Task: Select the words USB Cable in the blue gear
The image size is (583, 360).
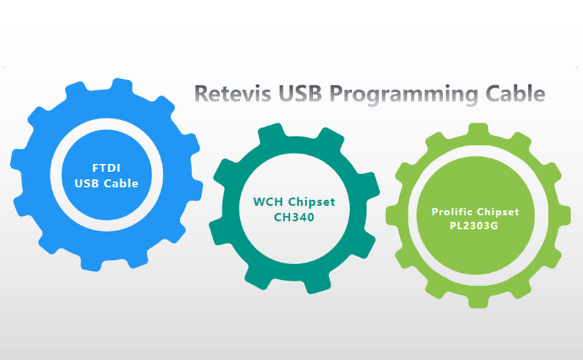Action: [x=106, y=184]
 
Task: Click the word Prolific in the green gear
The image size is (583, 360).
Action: [x=453, y=212]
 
